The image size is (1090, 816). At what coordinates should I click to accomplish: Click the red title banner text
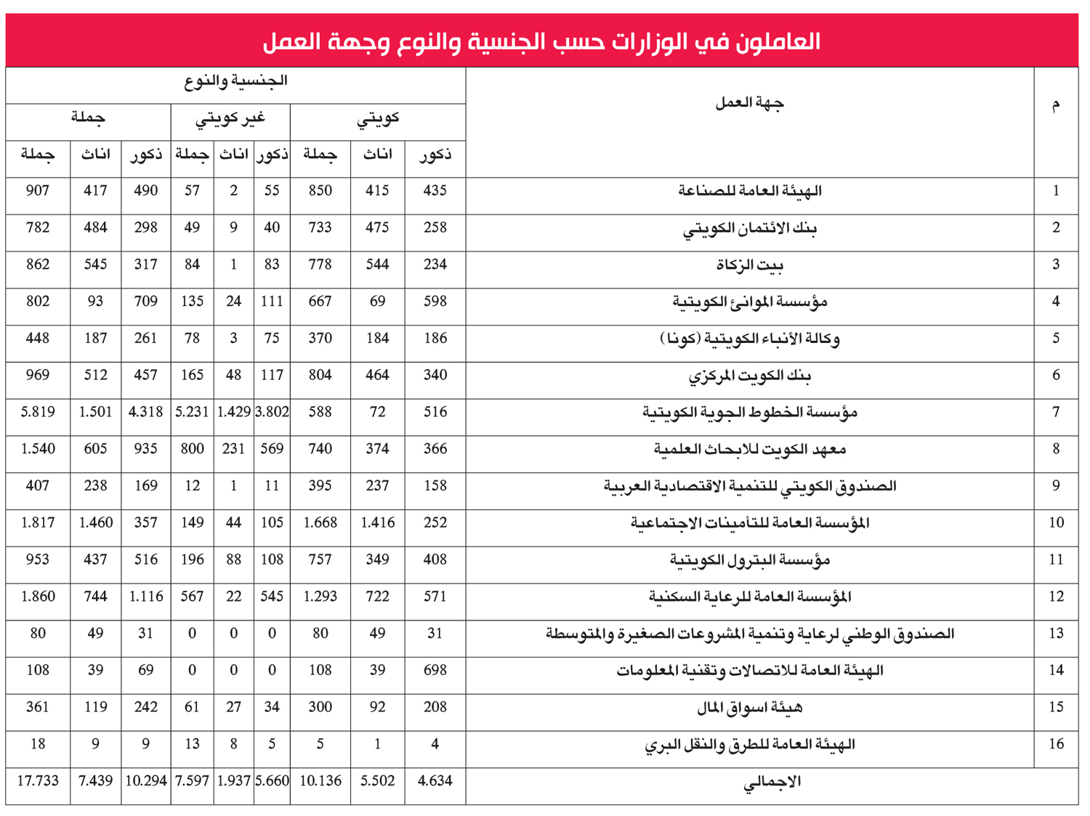541,41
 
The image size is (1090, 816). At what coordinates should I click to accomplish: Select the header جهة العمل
749,103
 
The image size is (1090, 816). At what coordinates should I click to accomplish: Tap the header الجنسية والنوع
235,81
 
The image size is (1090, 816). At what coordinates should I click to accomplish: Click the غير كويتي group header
230,118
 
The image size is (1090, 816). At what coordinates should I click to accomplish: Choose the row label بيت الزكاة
749,265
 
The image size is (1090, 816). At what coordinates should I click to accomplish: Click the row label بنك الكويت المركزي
749,376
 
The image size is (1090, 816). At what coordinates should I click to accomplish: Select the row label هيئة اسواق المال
749,708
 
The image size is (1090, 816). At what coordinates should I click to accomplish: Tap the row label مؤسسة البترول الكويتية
749,560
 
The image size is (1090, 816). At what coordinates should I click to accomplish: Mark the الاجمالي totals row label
772,782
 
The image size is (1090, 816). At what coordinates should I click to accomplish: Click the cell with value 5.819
38,412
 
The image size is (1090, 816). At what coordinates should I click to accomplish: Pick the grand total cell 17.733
38,781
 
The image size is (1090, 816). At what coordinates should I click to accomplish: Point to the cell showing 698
435,670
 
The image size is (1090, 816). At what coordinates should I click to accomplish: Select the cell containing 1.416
377,522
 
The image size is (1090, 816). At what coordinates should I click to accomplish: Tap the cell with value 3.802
272,412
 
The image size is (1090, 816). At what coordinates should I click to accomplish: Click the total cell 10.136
320,781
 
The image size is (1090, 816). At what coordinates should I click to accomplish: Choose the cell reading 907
38,190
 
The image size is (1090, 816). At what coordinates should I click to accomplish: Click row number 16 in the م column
1056,744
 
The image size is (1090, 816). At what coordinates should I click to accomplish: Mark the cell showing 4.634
435,781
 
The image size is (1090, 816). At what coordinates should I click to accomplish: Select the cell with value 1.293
320,597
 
